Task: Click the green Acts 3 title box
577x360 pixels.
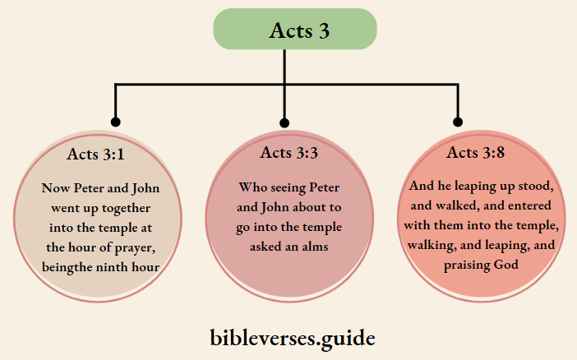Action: coord(295,30)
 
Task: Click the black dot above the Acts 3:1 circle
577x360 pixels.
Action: coord(115,122)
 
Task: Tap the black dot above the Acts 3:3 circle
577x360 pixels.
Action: coord(284,122)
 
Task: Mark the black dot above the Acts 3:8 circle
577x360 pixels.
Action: coord(459,122)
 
